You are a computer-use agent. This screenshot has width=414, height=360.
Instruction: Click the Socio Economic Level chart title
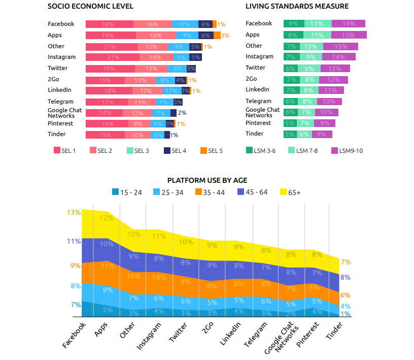tap(90, 7)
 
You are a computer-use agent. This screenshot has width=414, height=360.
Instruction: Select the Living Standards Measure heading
tap(297, 7)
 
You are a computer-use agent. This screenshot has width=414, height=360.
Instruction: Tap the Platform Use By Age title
tap(207, 180)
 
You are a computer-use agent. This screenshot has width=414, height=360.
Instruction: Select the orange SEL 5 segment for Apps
tap(217, 36)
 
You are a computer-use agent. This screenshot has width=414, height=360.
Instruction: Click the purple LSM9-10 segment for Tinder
tap(322, 134)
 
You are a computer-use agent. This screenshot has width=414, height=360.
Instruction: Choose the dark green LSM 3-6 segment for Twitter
tap(290, 69)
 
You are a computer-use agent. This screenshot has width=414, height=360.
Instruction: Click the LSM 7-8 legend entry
tap(303, 150)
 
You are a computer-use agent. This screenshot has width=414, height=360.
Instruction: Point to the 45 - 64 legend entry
tap(253, 192)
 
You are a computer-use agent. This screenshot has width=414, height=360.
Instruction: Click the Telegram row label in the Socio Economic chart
tap(60, 102)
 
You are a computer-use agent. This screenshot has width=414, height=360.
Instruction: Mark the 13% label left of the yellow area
tap(74, 212)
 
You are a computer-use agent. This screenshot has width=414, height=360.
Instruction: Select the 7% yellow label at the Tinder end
tap(346, 262)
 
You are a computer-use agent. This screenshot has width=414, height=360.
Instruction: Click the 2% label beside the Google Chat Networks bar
tap(182, 113)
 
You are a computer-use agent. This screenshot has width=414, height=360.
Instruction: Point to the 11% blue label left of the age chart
tap(74, 242)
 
